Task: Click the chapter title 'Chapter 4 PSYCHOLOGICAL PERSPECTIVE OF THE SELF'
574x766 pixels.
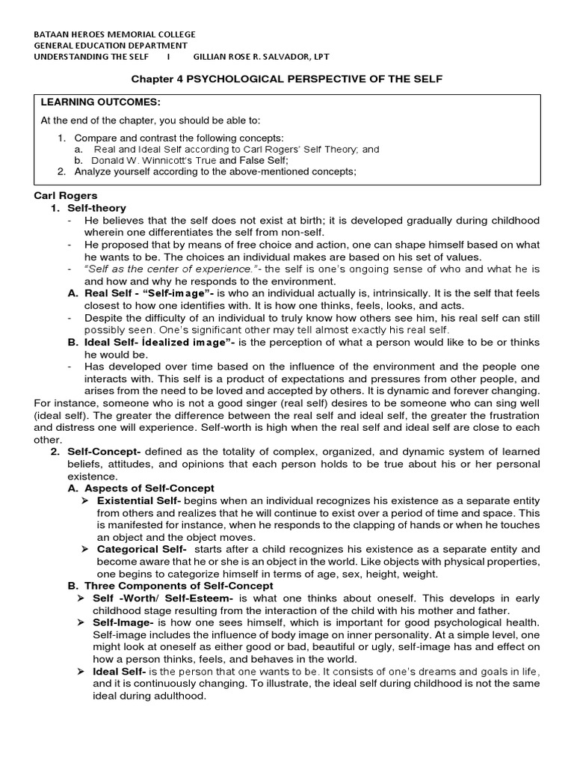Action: (286, 79)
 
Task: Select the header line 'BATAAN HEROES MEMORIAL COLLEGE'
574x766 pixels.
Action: (116, 34)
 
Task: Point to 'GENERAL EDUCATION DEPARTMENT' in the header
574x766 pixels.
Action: (112, 46)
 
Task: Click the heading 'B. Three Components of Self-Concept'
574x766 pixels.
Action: (170, 585)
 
